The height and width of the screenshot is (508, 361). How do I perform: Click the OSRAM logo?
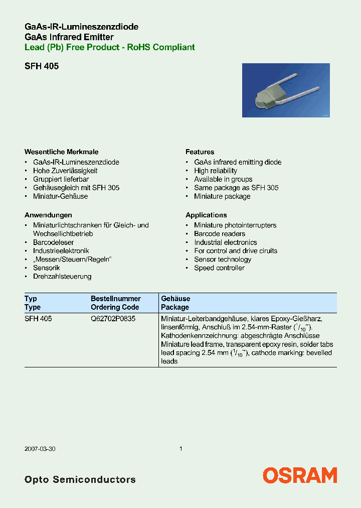click(x=300, y=475)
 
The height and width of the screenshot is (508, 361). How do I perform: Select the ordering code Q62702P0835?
click(x=113, y=319)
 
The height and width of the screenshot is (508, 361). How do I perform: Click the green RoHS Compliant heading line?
click(x=110, y=47)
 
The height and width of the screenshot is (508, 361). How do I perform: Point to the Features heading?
click(x=200, y=152)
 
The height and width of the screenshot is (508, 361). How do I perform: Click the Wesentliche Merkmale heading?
click(x=61, y=152)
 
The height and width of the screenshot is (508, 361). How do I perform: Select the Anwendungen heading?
click(x=48, y=215)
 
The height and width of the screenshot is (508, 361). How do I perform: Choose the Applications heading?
click(x=206, y=215)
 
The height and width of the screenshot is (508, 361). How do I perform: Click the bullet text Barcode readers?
click(x=220, y=234)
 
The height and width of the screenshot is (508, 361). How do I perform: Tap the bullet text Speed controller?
click(x=219, y=268)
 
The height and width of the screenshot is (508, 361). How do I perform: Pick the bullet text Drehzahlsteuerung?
click(x=62, y=277)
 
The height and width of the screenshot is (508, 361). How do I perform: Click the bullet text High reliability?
click(x=216, y=171)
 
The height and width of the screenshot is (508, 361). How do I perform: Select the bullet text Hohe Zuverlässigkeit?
click(x=65, y=171)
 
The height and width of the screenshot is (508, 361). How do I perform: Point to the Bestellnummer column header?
click(x=115, y=299)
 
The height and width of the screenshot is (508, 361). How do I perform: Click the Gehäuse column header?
click(x=175, y=299)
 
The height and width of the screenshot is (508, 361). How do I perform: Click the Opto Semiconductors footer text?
click(x=80, y=479)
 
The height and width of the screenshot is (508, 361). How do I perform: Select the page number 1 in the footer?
click(x=180, y=449)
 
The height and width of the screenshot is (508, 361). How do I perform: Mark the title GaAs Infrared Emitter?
click(x=69, y=37)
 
